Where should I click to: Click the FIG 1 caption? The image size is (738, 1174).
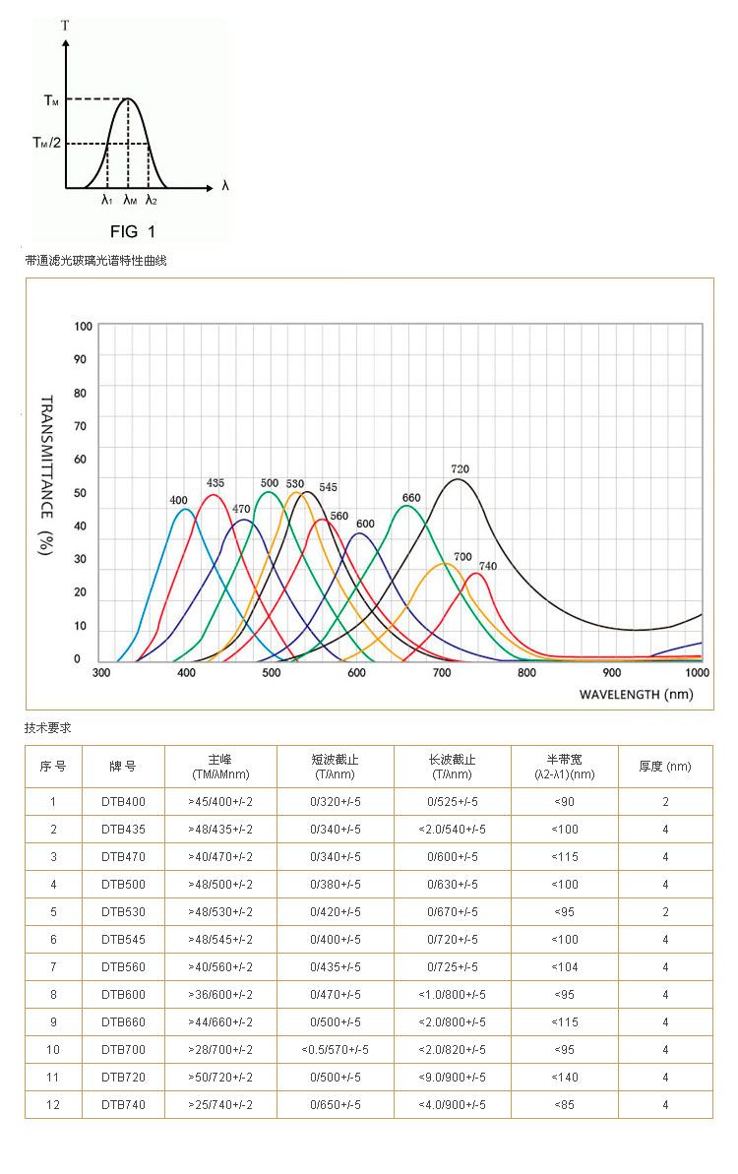point(132,232)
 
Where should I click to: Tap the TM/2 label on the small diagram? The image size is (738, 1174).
point(46,143)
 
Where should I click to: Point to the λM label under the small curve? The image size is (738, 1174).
point(130,200)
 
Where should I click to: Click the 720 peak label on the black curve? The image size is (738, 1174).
point(460,468)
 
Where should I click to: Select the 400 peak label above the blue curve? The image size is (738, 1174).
point(178,501)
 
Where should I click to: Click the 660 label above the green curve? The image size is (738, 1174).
point(411,497)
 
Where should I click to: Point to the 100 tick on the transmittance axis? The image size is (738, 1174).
point(83,326)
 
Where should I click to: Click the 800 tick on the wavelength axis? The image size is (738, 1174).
point(526,673)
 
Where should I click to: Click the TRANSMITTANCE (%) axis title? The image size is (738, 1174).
point(45,475)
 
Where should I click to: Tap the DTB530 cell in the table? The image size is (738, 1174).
point(123,912)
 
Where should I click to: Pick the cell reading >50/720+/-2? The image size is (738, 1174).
point(220,1078)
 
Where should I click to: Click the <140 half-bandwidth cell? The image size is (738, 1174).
point(565,1078)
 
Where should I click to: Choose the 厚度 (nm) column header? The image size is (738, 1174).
point(665,766)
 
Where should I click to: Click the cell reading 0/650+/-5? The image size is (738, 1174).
point(336,1105)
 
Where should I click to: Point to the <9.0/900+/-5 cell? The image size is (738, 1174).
point(452,1078)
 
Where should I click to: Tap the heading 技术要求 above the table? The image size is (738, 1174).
point(47,728)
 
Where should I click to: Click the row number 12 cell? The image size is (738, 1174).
point(53,1105)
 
